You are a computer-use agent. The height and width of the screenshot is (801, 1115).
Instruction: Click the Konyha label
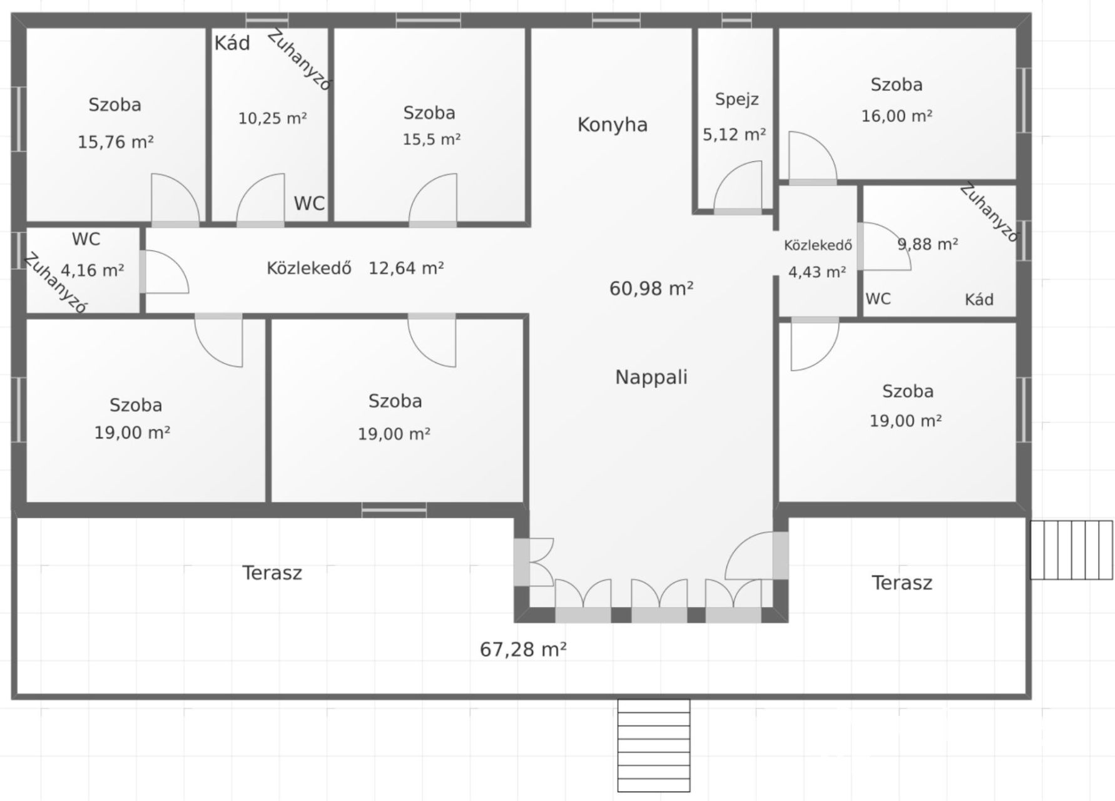(612, 125)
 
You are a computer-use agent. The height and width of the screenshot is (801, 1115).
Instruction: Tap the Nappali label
(651, 377)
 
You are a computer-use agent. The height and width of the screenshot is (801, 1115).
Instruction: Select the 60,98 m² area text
(651, 288)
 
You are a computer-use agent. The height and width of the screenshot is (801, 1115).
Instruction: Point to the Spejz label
(737, 100)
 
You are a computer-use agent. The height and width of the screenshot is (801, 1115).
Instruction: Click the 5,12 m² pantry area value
(735, 135)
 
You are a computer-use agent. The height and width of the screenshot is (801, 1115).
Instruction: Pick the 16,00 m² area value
(897, 116)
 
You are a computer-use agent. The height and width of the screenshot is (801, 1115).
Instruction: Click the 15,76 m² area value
(116, 142)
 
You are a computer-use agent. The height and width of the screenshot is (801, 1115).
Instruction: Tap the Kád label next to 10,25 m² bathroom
(232, 43)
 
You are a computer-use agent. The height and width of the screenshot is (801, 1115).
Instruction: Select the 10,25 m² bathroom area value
(273, 118)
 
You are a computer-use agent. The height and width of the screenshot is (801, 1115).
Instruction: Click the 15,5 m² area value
(432, 139)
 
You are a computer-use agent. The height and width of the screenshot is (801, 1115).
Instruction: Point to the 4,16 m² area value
(93, 270)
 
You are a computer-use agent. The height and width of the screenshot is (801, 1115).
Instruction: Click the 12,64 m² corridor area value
(406, 268)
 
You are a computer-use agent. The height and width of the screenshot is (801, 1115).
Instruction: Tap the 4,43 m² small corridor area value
(817, 272)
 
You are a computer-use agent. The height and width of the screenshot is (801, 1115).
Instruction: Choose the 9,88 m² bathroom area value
(928, 244)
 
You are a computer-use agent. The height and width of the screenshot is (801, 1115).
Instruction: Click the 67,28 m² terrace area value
(523, 650)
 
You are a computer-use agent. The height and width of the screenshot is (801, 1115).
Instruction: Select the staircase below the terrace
(654, 746)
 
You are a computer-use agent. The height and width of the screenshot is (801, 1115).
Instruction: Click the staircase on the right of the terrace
(1071, 550)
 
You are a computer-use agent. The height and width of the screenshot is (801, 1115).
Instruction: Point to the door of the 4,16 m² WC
(164, 272)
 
